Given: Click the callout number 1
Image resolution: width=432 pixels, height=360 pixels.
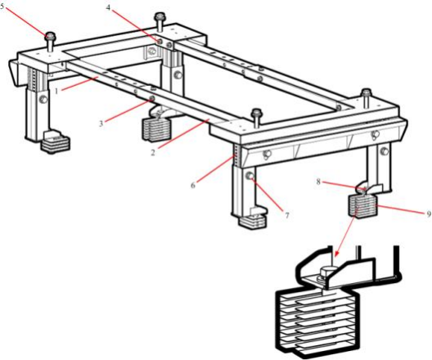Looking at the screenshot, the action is tap(56, 91).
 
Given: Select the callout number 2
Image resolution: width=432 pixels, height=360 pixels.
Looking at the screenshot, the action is tap(153, 151).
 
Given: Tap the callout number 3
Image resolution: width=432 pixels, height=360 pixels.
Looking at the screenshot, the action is tap(101, 124).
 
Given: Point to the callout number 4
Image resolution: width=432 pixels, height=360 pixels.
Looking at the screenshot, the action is tap(109, 7).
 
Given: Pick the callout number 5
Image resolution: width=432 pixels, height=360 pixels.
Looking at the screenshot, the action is tap(2, 7).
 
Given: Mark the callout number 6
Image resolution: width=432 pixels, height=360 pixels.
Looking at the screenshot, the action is tap(193, 185).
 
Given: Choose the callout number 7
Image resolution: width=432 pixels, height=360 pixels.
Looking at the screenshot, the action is tap(287, 215).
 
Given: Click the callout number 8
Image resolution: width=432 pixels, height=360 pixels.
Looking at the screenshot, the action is tap(318, 182).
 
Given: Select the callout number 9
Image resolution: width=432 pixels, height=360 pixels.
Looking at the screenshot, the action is tap(429, 214).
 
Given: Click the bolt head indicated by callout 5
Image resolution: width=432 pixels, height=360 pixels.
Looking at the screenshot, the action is tap(50, 36).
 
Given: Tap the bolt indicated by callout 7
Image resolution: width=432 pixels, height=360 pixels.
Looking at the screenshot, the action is tap(250, 176).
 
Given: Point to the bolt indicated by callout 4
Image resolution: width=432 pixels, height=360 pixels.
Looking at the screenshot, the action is tap(160, 41).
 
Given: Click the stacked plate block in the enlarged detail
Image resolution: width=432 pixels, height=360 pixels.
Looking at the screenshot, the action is tap(317, 322).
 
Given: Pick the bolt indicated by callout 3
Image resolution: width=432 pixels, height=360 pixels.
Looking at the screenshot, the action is tap(151, 98).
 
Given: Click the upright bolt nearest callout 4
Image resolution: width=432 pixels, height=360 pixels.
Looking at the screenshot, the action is tap(160, 21).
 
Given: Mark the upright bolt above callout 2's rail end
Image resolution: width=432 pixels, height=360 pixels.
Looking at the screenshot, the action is tap(257, 117).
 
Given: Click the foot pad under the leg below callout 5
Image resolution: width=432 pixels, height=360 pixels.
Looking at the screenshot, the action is tap(55, 141).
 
